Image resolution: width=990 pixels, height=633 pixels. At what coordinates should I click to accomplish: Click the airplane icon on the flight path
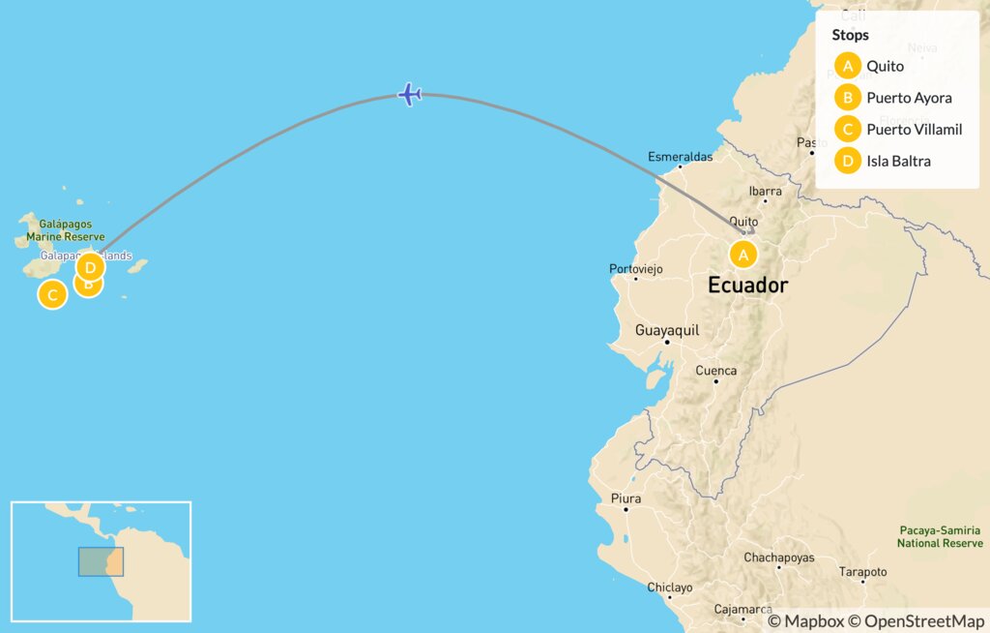click(x=410, y=95)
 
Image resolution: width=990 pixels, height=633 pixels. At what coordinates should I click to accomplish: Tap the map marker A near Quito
click(x=742, y=255)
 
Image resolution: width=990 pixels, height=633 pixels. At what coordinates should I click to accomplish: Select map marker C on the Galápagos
click(x=52, y=294)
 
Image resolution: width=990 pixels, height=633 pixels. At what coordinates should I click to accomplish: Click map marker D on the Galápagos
click(x=90, y=266)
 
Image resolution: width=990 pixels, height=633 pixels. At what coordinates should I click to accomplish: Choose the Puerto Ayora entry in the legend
click(x=895, y=98)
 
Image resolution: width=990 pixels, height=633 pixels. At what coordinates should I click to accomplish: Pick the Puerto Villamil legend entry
click(x=900, y=129)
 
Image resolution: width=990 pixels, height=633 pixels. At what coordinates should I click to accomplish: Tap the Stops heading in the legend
click(x=850, y=35)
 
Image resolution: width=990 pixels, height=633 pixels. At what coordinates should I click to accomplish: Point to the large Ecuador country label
click(x=747, y=286)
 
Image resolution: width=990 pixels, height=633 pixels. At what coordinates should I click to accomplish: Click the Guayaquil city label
click(x=666, y=330)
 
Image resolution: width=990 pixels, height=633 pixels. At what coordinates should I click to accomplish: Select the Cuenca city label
click(x=715, y=371)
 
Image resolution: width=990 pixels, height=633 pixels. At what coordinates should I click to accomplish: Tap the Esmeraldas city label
click(x=680, y=156)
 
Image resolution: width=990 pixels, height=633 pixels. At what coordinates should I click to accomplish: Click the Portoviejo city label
click(x=635, y=269)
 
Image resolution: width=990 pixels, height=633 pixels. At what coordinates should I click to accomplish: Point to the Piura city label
click(x=626, y=498)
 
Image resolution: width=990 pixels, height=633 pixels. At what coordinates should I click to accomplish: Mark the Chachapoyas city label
click(x=778, y=558)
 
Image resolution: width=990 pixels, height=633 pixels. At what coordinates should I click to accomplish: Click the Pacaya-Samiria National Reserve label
click(x=940, y=536)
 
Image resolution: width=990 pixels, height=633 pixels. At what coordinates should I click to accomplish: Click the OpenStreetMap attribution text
click(x=924, y=620)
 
